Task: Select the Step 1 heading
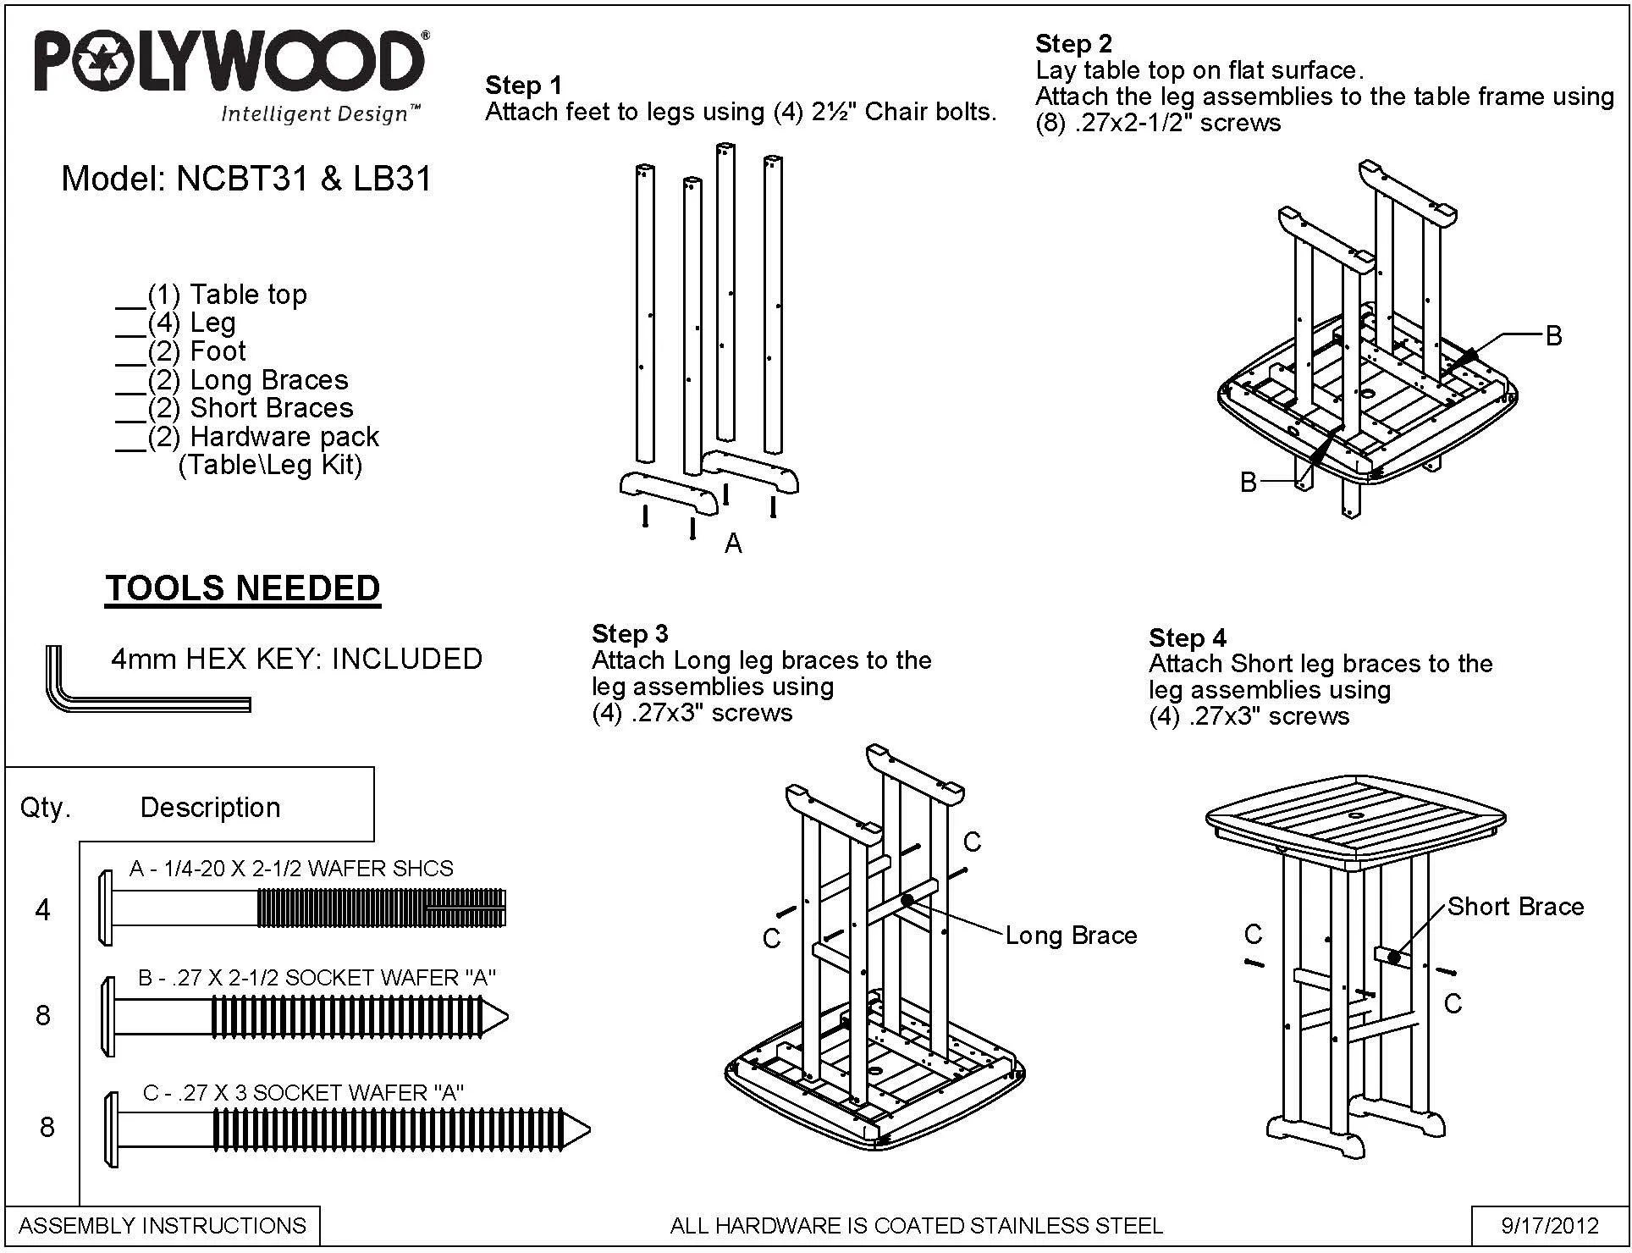[523, 85]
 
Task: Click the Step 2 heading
[1073, 43]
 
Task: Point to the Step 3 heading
[630, 633]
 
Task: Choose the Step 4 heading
[1187, 637]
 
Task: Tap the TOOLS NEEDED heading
[243, 588]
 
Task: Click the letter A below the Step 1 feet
[733, 544]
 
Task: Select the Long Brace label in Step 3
[1071, 936]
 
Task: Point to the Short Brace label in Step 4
[1515, 907]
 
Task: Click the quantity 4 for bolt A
[42, 910]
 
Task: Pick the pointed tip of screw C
[588, 1129]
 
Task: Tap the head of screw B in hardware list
[108, 1017]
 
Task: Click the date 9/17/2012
[1550, 1225]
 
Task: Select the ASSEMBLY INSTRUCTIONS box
[163, 1226]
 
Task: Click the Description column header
[210, 808]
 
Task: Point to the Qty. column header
[46, 808]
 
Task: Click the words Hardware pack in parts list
[284, 437]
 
